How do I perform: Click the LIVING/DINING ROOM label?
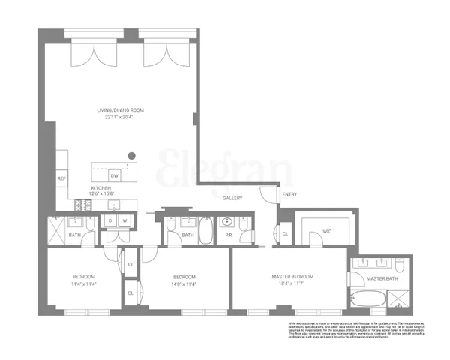tap(120, 110)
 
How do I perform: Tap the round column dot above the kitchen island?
tap(132, 156)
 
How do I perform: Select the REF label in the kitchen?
tap(61, 178)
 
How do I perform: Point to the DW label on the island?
tap(124, 176)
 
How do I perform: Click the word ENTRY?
tap(289, 195)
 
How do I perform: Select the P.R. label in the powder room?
tap(229, 235)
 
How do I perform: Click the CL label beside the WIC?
tap(286, 234)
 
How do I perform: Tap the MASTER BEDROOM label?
tap(292, 277)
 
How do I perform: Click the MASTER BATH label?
tap(381, 279)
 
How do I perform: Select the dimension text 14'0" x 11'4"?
tap(184, 283)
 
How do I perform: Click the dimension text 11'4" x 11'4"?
tap(85, 283)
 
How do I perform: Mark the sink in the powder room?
tap(229, 221)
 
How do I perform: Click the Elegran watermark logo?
tap(225, 169)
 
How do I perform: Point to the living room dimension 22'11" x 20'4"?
tap(120, 117)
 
